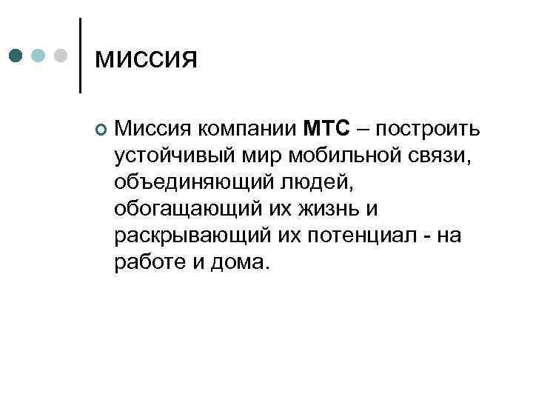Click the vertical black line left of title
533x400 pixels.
(80, 56)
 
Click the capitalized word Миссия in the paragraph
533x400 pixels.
(153, 130)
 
